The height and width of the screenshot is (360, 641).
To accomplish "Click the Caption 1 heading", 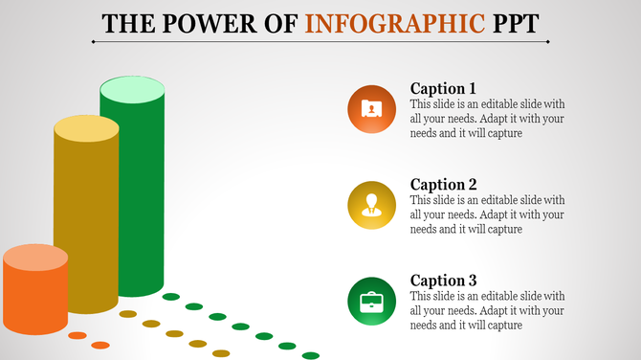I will (443, 88).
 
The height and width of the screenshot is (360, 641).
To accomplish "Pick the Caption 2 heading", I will (443, 184).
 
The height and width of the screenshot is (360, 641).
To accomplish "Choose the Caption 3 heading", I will (443, 280).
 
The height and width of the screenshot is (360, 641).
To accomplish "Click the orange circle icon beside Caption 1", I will (371, 109).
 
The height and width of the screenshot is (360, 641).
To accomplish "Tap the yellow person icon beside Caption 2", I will (371, 205).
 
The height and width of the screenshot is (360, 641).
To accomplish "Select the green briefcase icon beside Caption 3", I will (371, 303).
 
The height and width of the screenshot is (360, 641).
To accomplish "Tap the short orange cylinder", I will (34, 297).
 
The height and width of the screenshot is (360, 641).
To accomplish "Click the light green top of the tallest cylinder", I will (132, 90).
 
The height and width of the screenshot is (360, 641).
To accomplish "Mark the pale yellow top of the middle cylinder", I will (86, 128).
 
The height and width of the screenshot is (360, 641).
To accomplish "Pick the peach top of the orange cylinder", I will (35, 258).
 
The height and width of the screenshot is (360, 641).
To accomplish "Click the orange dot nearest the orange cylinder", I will (77, 335).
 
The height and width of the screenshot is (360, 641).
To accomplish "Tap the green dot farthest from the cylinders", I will (310, 355).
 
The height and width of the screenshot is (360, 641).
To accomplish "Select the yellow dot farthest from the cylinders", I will (221, 353).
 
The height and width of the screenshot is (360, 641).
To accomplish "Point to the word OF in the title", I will (284, 23).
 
